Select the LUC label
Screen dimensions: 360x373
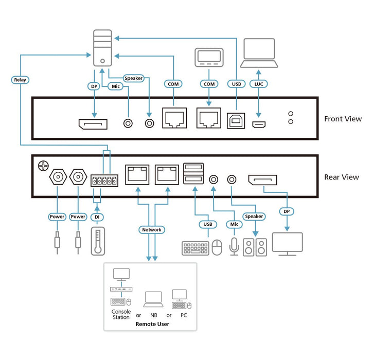point(258,83)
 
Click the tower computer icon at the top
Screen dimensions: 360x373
point(102,47)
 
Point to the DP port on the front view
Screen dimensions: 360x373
point(93,123)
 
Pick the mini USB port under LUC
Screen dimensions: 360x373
point(259,124)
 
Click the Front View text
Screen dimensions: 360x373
point(343,119)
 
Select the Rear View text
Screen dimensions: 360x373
point(342,177)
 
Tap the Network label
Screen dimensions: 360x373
point(152,229)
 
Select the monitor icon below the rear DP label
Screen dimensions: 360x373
point(287,244)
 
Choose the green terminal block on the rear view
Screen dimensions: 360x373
point(103,181)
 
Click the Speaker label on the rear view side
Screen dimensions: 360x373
point(254,217)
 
